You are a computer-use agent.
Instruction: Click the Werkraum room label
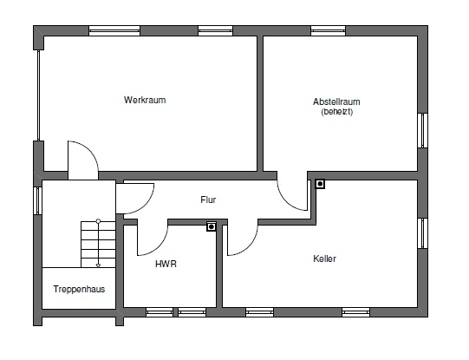[145, 100]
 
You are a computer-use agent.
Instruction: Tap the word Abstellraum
[336, 101]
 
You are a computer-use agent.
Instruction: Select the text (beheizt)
[336, 112]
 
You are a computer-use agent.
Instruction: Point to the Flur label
[208, 200]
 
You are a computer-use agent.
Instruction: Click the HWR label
[166, 264]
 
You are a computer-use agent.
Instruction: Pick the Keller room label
[324, 259]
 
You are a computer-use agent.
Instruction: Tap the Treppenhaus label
[79, 289]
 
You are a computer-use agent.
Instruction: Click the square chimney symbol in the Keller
[320, 184]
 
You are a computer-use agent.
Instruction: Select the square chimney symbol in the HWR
[212, 226]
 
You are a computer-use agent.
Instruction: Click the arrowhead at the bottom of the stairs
[98, 265]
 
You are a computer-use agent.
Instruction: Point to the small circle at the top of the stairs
[98, 221]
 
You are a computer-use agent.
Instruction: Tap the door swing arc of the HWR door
[159, 247]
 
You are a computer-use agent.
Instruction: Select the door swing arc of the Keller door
[249, 247]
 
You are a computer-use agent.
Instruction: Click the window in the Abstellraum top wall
[328, 31]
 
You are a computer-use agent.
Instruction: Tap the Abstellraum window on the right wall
[423, 130]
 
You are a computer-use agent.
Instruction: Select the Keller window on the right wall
[423, 233]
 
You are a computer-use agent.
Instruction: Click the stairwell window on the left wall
[37, 200]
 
